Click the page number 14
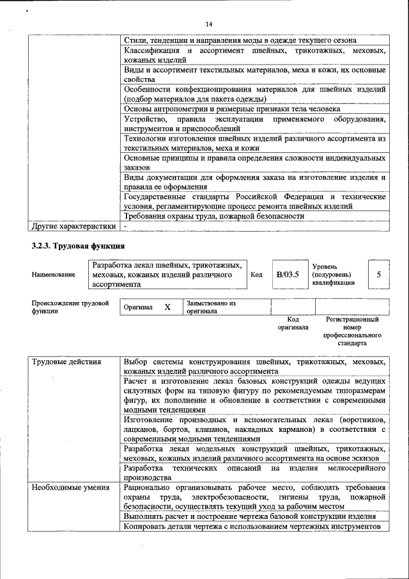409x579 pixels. point(208,24)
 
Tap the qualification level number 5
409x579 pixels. point(379,274)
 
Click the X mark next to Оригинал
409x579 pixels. point(167,307)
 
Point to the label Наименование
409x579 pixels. point(53,274)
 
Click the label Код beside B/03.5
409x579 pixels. point(256,274)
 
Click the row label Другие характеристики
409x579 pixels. point(74,226)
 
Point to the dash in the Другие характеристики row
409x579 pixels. point(126,226)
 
